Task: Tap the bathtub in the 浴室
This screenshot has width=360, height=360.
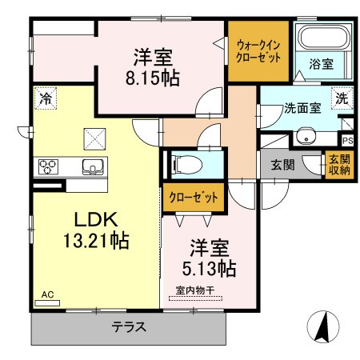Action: point(323,37)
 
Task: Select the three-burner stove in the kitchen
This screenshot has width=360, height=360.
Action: point(48,166)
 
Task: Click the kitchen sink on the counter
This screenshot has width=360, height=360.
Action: point(93,167)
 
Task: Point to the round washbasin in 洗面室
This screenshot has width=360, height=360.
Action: point(306,136)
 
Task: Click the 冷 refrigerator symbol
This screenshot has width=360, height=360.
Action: point(46,98)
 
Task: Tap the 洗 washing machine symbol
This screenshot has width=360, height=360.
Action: point(342,98)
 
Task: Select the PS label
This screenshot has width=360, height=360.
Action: point(348,141)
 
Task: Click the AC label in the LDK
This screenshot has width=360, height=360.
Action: point(48,294)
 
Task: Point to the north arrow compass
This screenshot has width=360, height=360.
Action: point(323,326)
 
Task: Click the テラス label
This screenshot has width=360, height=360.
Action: point(129,326)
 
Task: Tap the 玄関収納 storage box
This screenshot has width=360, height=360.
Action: point(339,165)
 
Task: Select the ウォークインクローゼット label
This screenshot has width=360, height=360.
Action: point(258,51)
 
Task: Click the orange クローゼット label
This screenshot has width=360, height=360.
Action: point(194,198)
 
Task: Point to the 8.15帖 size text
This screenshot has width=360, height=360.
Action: point(152,78)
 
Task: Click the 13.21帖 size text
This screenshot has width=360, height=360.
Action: point(96,241)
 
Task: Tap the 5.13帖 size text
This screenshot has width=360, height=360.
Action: point(209,269)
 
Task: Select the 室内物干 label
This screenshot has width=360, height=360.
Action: point(195,290)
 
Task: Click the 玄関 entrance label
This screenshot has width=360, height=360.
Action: point(283,165)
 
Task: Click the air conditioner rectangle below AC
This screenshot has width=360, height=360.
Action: point(47,303)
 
